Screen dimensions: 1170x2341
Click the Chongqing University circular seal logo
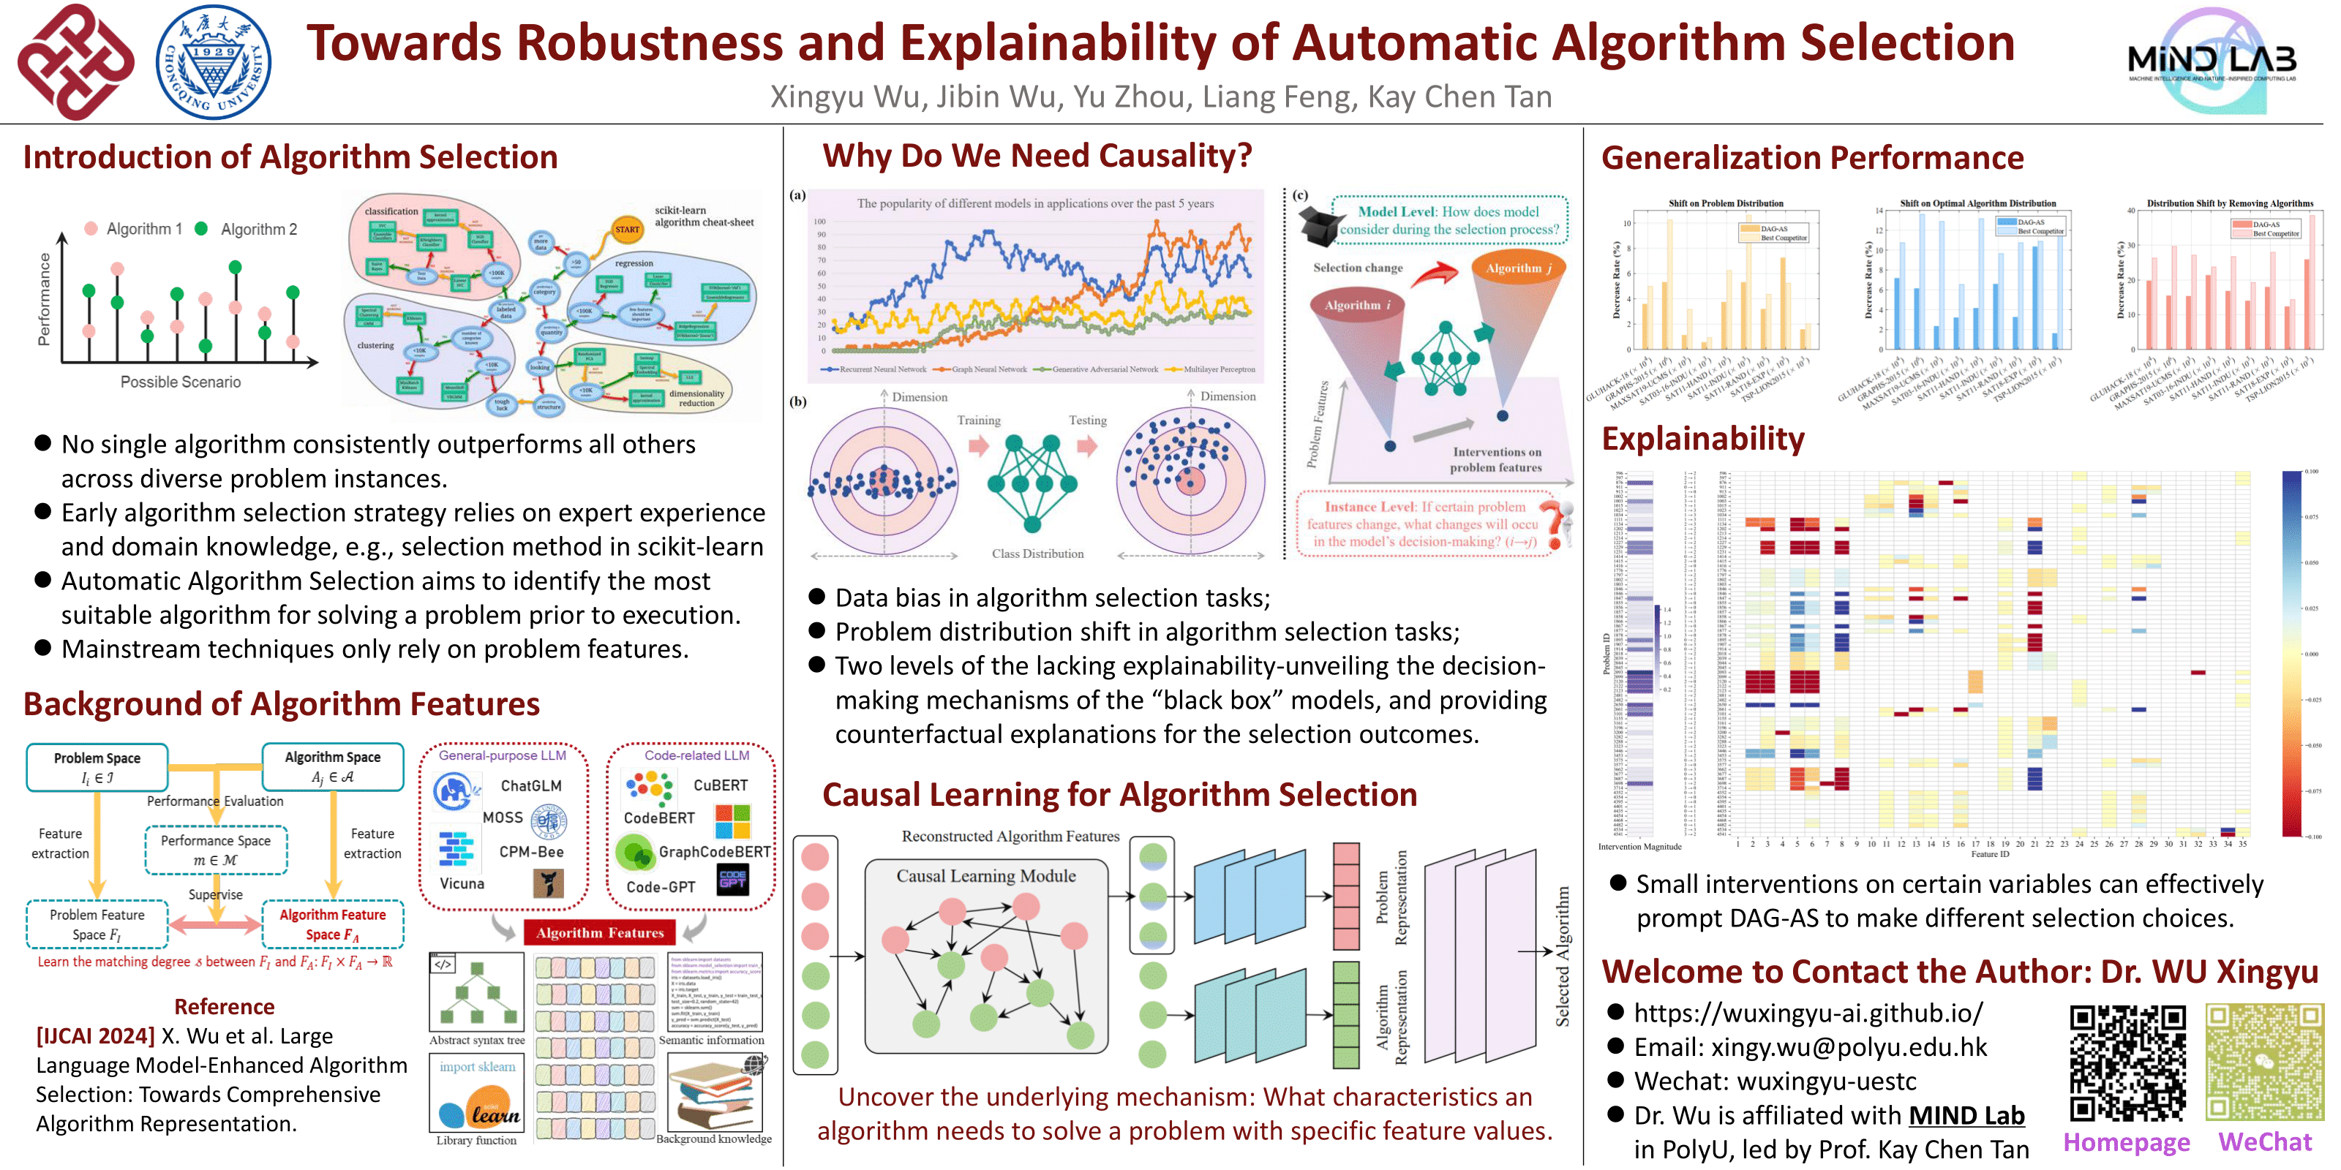pos(214,61)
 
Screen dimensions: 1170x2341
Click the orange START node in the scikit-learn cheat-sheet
pos(627,229)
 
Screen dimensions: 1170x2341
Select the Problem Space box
pos(97,766)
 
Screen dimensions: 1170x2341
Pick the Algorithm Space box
pos(333,766)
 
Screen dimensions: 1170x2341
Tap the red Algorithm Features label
pos(600,933)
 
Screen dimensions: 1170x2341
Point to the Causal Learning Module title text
pos(986,876)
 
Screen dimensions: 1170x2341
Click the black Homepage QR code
pos(2127,1063)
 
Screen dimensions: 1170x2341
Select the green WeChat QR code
pos(2263,1063)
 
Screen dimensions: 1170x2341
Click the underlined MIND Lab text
pos(1966,1115)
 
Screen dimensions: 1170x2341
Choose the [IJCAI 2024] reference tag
pos(95,1036)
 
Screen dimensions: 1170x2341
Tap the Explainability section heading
pos(1702,439)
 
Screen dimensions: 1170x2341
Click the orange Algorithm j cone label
pos(1518,268)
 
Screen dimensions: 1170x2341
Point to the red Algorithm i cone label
pos(1357,305)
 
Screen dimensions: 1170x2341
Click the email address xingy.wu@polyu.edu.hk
pos(1849,1047)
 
